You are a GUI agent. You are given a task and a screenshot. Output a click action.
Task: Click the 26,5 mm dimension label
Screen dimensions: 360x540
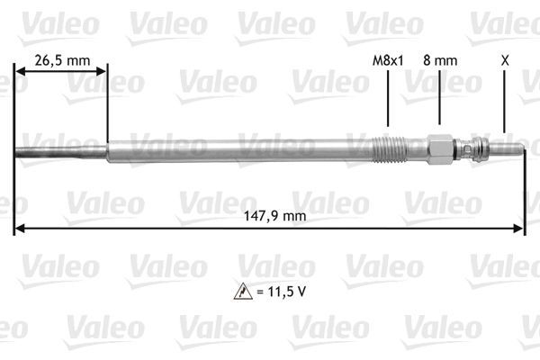tap(61, 60)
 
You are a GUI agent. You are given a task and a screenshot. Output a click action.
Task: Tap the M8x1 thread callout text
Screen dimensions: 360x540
tap(388, 60)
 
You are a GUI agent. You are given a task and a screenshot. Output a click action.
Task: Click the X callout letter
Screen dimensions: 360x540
tap(505, 60)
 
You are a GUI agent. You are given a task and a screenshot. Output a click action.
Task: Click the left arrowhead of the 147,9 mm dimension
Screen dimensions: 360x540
tap(20, 228)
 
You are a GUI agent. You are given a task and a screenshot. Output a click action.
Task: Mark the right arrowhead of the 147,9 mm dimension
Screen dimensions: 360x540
tap(520, 228)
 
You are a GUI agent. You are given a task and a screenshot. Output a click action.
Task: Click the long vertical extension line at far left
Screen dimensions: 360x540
tap(14, 180)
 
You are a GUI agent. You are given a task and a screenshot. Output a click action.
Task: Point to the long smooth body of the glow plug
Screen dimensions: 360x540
tap(234, 148)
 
